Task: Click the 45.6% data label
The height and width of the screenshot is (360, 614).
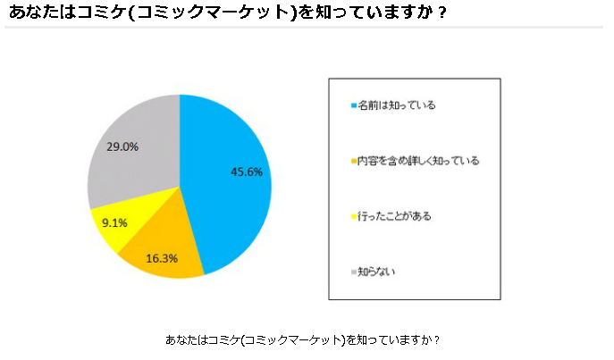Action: click(247, 172)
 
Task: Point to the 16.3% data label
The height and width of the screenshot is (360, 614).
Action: click(161, 258)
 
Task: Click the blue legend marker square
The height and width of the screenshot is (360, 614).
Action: click(353, 106)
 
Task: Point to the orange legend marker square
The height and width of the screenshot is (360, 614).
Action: click(353, 162)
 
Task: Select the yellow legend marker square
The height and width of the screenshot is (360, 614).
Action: click(353, 216)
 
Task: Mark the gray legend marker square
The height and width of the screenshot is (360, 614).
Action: click(353, 272)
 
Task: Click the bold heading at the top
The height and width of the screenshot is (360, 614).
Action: click(227, 13)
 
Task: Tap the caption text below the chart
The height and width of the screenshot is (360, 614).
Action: click(303, 340)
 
